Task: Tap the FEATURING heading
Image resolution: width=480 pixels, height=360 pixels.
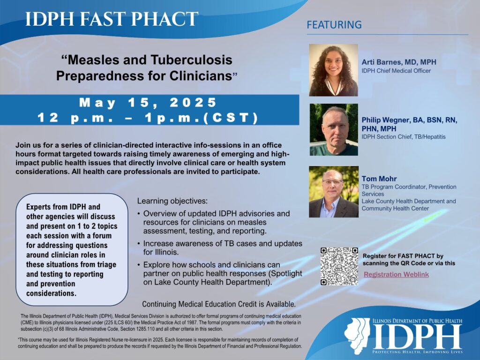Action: [334, 25]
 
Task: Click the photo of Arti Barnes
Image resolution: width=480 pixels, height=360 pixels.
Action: [333, 70]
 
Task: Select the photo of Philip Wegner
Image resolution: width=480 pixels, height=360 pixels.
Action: [333, 129]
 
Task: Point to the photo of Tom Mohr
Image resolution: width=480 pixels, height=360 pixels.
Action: [333, 191]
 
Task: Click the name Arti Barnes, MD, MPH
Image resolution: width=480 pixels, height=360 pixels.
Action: [401, 61]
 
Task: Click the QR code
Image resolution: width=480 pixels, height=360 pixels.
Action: [339, 266]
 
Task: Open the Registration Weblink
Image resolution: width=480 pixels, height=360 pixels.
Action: [396, 274]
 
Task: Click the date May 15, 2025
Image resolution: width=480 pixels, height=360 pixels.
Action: [148, 103]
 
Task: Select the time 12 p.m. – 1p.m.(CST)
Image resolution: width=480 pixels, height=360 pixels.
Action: [148, 118]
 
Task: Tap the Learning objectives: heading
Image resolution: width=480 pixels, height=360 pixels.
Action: [172, 201]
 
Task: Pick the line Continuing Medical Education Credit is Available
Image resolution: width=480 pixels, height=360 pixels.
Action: [218, 303]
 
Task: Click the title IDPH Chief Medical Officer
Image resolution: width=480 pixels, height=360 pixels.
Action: [396, 71]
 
